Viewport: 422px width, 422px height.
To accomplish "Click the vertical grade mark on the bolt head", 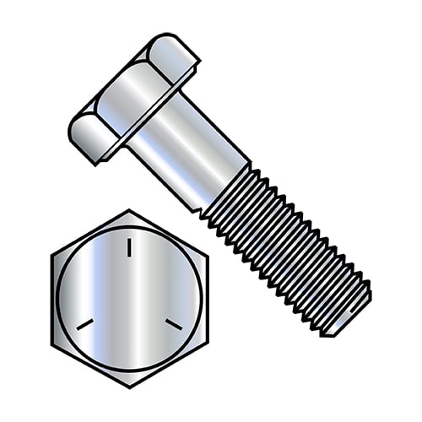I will (129, 247).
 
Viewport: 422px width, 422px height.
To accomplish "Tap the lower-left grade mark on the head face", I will (84, 323).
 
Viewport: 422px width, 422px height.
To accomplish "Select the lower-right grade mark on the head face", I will (173, 323).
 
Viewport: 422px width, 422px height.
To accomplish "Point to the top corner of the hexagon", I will (129, 210).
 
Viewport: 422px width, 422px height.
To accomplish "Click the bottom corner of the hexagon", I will (129, 387).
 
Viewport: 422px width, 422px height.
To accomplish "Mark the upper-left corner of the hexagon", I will (52, 254).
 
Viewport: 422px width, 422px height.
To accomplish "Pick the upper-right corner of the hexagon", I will (206, 254).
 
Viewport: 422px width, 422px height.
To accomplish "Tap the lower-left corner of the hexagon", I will (52, 343).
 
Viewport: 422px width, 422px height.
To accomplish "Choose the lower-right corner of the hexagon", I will (206, 343).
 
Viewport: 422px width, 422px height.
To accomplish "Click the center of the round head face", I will (129, 299).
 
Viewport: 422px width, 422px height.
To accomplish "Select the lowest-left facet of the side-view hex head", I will (85, 135).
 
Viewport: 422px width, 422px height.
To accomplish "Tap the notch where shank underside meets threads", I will (203, 211).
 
